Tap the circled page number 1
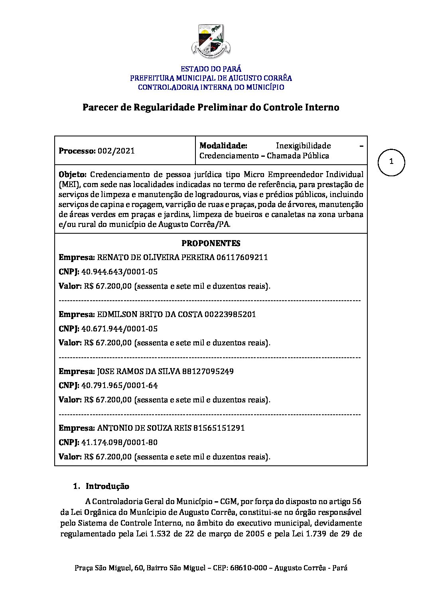pos(391,162)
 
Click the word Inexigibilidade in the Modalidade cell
pos(303,146)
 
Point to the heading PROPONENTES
pos(211,243)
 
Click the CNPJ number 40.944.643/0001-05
pos(119,272)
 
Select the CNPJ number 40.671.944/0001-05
pos(119,329)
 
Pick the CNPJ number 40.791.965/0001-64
pos(119,386)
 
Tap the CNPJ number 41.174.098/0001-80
pos(119,442)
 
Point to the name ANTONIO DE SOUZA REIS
pos(144,428)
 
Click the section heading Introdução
pos(107,486)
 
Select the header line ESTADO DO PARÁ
pos(211,69)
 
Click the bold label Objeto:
pos(73,174)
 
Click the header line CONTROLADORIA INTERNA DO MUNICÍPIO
pos(211,87)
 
